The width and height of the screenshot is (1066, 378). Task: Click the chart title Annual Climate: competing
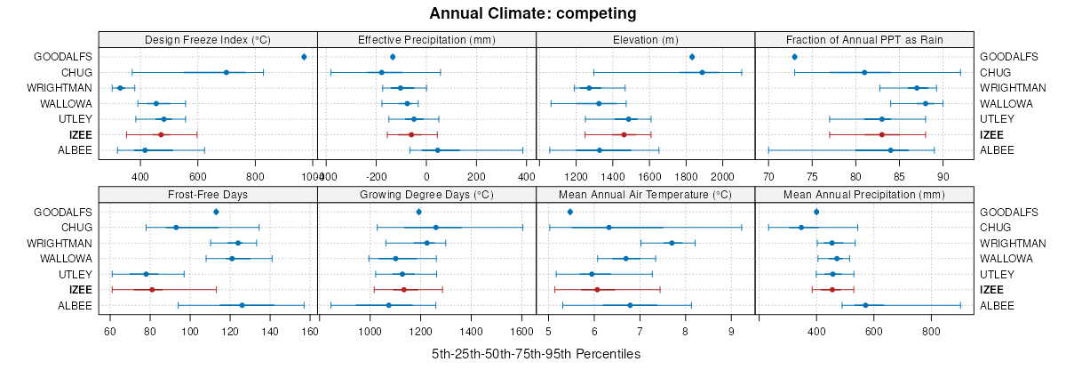pos(532,13)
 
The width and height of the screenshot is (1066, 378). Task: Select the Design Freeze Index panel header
pos(208,39)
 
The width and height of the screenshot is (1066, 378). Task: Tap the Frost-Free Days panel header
pos(208,194)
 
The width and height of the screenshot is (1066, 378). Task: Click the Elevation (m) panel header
pos(646,39)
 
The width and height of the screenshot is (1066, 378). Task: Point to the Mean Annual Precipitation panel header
pos(864,194)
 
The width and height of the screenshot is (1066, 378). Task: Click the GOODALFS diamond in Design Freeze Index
pos(304,57)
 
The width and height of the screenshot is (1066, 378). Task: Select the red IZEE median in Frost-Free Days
pos(152,290)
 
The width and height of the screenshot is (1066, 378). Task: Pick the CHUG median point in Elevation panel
pos(702,73)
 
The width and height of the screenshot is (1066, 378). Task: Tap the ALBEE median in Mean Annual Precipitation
pos(865,305)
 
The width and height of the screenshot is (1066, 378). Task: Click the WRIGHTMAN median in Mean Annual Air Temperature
pos(672,243)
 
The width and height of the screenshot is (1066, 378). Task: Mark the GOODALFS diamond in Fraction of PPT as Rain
pos(794,57)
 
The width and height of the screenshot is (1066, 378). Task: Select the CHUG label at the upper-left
pos(76,73)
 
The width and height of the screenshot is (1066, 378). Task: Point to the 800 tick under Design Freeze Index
pos(255,176)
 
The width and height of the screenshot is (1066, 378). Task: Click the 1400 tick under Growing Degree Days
pos(471,331)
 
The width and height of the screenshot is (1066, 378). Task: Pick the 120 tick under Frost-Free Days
pos(230,331)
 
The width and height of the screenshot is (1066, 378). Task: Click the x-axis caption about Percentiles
pos(536,354)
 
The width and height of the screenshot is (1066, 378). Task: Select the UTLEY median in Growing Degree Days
pos(402,274)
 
